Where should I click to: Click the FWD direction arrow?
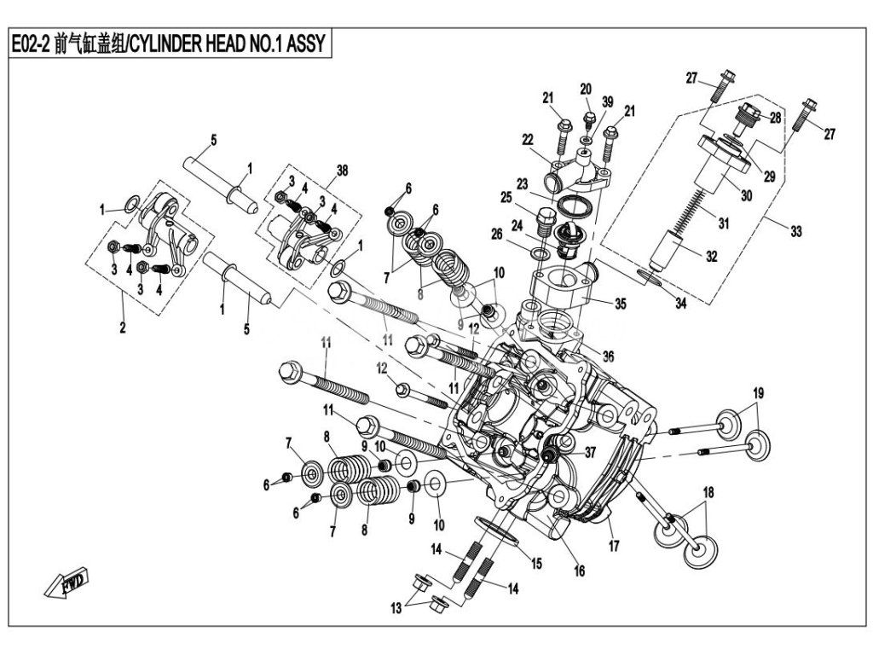[x=66, y=582]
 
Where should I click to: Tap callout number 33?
[x=796, y=230]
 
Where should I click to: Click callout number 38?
[x=342, y=171]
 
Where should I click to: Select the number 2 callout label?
[x=123, y=327]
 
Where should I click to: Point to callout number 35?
[x=621, y=304]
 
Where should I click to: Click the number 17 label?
[x=614, y=546]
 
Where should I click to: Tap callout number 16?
[x=579, y=571]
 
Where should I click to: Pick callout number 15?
[x=535, y=564]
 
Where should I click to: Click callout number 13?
[x=396, y=608]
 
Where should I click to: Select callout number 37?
[x=590, y=453]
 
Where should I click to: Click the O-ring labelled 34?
[x=649, y=277]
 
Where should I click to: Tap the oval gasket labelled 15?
[x=497, y=530]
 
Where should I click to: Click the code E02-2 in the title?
[x=32, y=43]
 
